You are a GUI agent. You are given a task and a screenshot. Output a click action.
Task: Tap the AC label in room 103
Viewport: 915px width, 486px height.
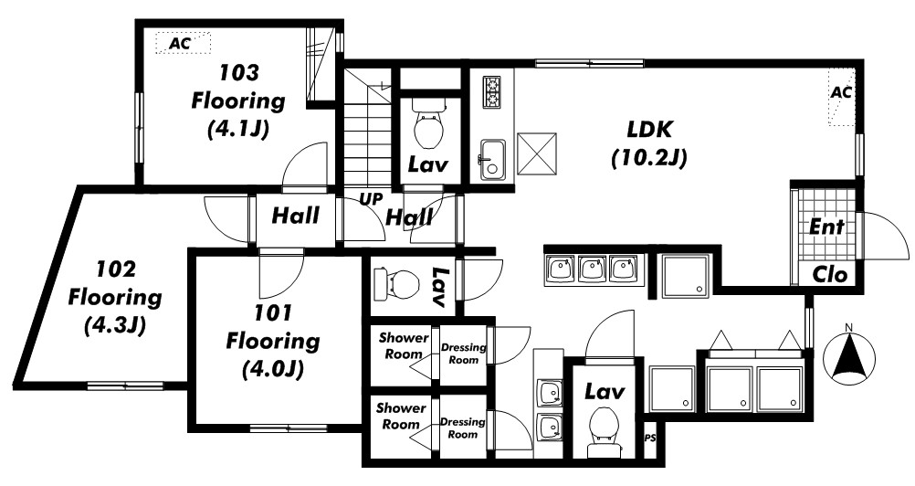[x=180, y=43]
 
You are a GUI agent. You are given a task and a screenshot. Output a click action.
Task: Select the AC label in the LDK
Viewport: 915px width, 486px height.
[x=840, y=92]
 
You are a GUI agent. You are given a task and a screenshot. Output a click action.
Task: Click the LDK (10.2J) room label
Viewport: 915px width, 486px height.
[x=649, y=143]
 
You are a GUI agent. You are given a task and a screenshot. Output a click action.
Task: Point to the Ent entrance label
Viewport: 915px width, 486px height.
[x=826, y=227]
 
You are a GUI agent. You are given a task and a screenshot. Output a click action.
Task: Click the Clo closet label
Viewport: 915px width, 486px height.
[x=830, y=274]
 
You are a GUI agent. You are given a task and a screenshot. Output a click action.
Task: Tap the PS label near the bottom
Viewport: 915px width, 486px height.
[x=649, y=438]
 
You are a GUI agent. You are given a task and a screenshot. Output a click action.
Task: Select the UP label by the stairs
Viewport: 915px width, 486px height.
[x=371, y=199]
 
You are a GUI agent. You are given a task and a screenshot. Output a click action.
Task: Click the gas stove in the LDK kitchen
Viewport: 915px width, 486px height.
[x=491, y=92]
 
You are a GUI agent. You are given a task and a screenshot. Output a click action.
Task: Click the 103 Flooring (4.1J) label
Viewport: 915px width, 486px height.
[x=238, y=101]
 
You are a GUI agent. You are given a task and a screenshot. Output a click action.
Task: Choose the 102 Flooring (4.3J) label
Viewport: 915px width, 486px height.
[x=115, y=298]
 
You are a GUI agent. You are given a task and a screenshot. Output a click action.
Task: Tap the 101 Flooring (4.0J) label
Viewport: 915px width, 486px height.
[x=272, y=342]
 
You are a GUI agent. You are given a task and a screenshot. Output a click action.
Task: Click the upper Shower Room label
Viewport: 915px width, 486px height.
[x=404, y=345]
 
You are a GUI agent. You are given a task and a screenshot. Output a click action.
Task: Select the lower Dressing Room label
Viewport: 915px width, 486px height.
[x=462, y=428]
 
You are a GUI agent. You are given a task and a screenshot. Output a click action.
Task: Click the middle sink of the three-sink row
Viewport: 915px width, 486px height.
[x=592, y=269]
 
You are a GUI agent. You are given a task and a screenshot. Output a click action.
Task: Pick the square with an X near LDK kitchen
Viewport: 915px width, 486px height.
[x=537, y=153]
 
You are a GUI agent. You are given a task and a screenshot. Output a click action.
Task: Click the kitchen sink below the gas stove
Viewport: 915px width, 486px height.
[x=492, y=160]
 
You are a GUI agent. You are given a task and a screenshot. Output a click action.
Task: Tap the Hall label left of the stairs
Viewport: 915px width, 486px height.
[x=296, y=216]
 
